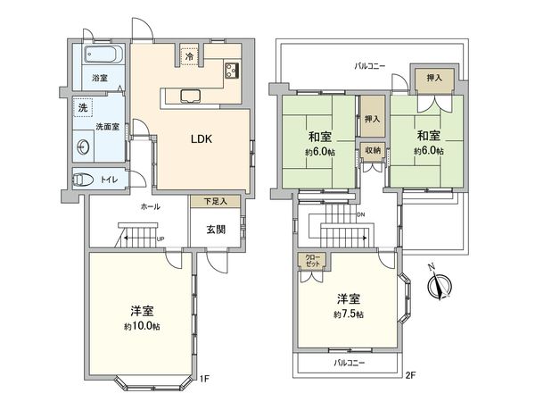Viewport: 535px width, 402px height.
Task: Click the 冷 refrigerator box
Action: click(x=189, y=56)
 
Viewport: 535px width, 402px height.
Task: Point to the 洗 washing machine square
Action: click(x=83, y=108)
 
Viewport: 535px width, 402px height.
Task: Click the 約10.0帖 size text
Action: click(x=143, y=328)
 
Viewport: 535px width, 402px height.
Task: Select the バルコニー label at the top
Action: click(x=368, y=65)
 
